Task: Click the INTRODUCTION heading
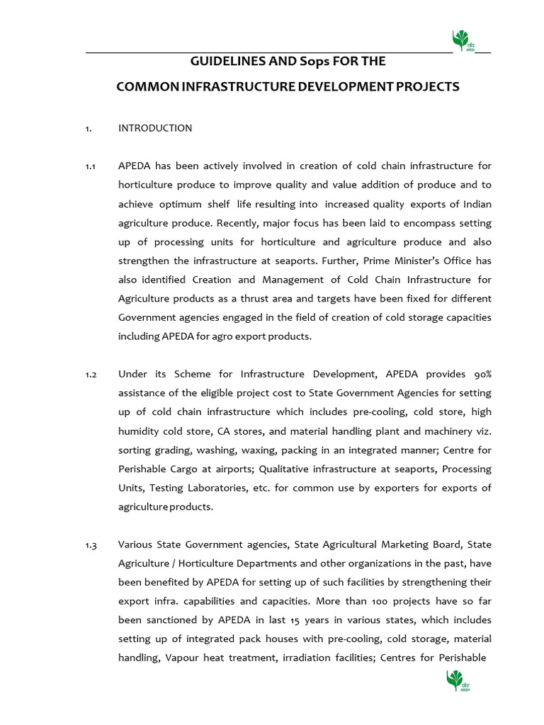coord(155,128)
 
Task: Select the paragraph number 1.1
coord(90,166)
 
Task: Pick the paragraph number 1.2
coord(90,374)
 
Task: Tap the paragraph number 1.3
coord(90,544)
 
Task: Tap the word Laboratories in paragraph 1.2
coord(181,488)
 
